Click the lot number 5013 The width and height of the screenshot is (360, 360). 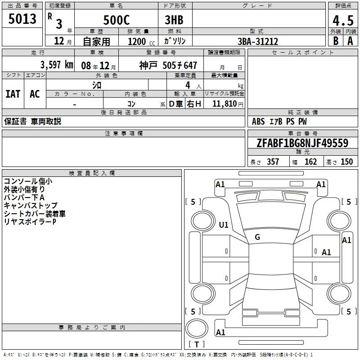click(x=22, y=19)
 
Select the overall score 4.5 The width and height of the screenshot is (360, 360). click(x=343, y=21)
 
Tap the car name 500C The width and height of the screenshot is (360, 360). click(x=117, y=20)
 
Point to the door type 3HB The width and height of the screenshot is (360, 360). click(x=174, y=20)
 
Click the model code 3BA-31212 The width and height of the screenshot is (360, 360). click(x=258, y=41)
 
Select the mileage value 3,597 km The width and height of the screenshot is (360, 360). click(x=57, y=65)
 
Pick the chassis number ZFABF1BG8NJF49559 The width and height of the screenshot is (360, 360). click(x=302, y=143)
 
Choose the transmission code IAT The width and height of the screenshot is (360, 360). click(x=13, y=94)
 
